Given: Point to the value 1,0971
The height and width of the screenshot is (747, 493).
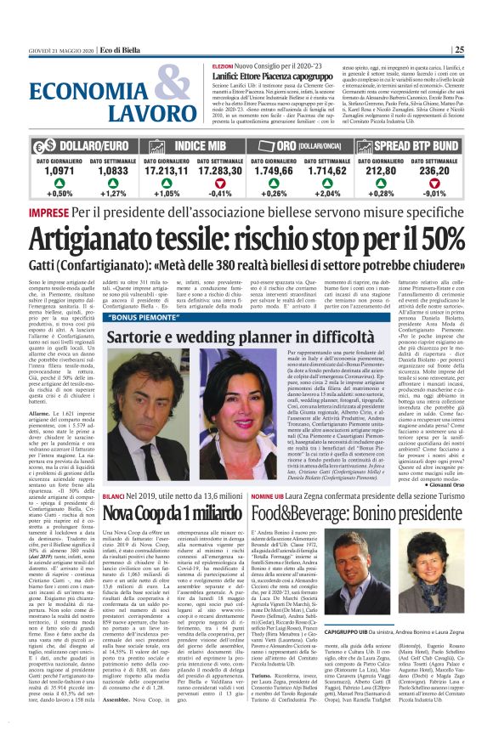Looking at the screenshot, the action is click(59, 170).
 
